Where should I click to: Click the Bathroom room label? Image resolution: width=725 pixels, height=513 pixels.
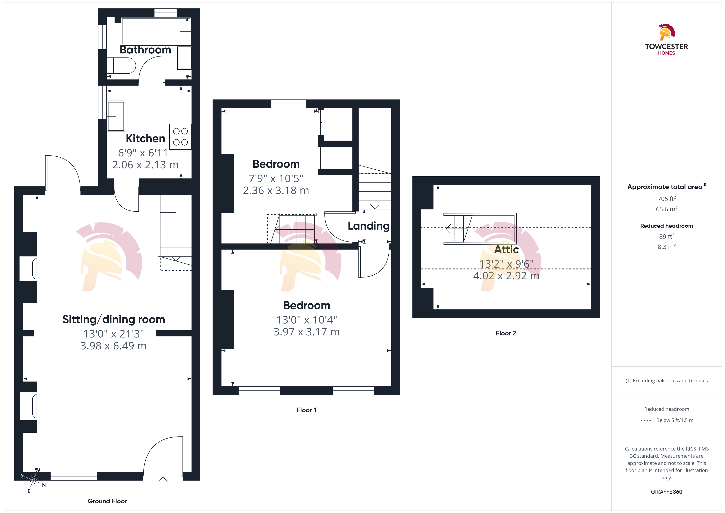145,50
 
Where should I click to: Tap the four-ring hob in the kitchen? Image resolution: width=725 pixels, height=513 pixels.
180,136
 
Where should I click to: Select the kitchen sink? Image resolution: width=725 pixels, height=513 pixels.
116,116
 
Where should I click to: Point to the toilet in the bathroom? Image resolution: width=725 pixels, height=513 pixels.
121,65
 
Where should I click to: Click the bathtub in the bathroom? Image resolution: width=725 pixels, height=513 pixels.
156,31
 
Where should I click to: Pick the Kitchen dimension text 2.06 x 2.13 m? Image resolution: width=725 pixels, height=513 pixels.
145,165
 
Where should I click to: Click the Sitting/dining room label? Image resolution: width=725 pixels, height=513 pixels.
114,319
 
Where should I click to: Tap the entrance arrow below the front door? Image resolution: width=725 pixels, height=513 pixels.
163,481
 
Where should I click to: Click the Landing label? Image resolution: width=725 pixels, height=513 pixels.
368,226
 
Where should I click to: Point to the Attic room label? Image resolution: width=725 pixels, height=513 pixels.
507,250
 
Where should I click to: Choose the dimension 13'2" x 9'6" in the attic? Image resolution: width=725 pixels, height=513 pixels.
507,264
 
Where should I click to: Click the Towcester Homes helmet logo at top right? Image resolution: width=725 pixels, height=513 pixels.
667,32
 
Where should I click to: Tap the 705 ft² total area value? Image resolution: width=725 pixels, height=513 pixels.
667,199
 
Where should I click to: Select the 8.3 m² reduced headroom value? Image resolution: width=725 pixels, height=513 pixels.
667,247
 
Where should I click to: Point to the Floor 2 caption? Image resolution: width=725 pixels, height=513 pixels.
506,333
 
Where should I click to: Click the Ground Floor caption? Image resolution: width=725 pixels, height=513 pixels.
107,501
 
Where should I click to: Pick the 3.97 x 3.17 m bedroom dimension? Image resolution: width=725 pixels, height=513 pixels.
307,332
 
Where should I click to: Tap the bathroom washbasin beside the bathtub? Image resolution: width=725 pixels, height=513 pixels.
184,58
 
